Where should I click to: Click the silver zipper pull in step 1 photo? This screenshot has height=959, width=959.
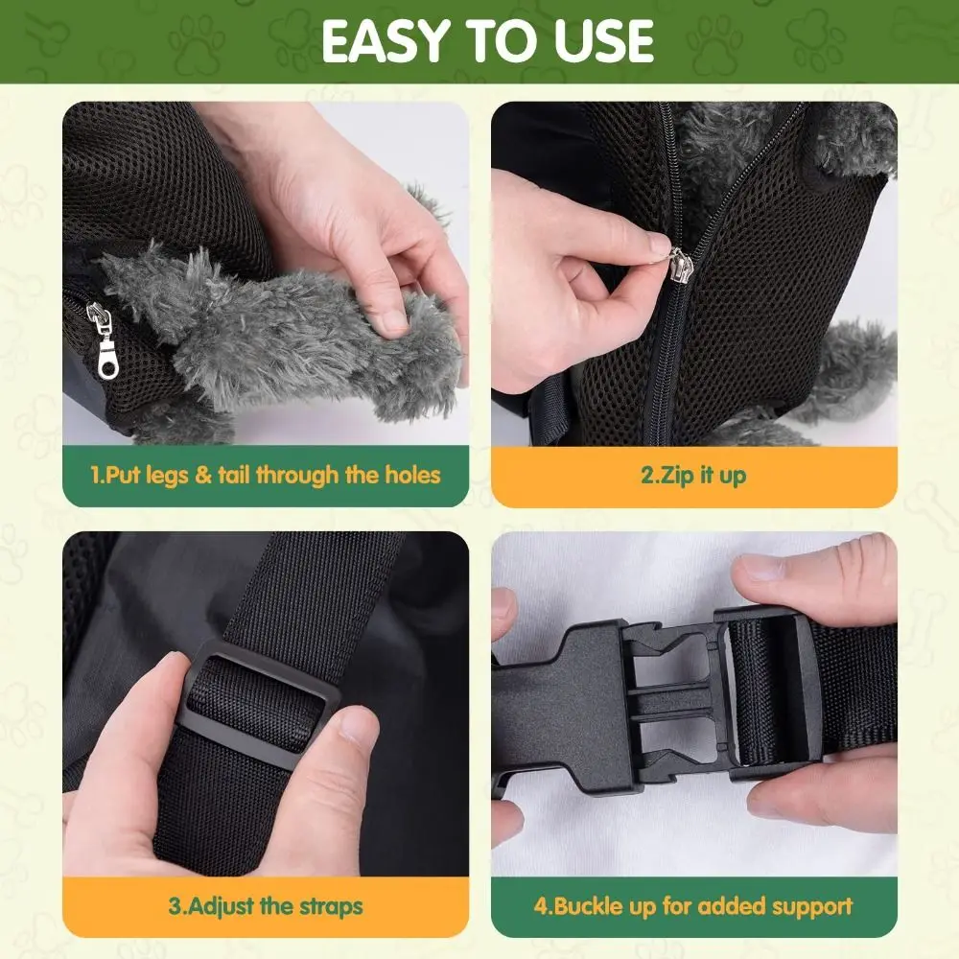click(x=102, y=340)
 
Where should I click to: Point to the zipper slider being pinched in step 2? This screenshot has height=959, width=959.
click(x=680, y=261)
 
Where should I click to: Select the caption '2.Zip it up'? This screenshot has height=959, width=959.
click(x=693, y=475)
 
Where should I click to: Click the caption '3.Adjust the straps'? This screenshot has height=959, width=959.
click(x=266, y=905)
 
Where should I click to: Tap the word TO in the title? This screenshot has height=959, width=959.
click(x=496, y=40)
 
